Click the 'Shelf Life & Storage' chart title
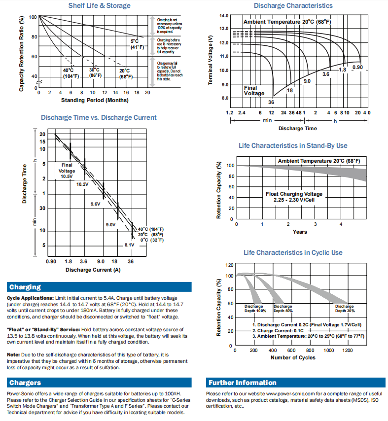click(99, 5)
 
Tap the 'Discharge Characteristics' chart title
click(293, 5)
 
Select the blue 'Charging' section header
click(25, 287)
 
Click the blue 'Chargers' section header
click(25, 383)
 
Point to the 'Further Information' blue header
click(242, 383)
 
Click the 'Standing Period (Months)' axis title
click(95, 100)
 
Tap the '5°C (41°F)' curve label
click(137, 44)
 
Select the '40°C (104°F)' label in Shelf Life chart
click(71, 73)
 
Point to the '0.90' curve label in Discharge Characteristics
click(357, 67)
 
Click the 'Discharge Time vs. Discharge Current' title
click(99, 117)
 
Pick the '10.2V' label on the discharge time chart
click(82, 184)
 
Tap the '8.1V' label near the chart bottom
click(129, 245)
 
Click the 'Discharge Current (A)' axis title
click(93, 270)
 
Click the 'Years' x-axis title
click(300, 232)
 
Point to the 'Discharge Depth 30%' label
click(345, 309)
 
